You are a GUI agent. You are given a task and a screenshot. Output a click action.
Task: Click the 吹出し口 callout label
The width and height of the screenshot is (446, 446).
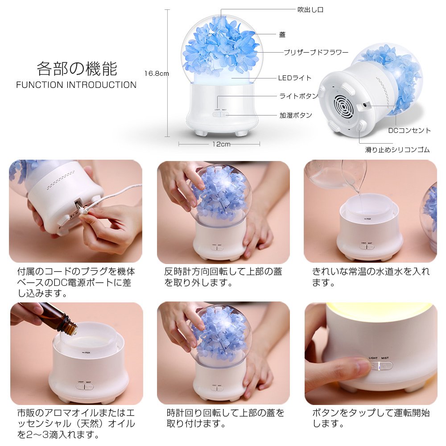coord(310,10)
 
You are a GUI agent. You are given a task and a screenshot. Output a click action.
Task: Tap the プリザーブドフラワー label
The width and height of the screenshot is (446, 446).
coord(316,52)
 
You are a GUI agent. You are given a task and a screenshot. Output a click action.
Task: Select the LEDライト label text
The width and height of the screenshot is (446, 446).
coord(295,78)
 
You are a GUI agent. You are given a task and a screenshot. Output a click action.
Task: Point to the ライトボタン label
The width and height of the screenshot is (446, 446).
coord(298,96)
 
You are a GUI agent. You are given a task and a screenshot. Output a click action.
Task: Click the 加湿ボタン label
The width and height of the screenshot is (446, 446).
coord(296,115)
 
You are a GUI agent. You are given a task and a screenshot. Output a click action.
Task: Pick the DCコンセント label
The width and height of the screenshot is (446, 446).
coord(409,131)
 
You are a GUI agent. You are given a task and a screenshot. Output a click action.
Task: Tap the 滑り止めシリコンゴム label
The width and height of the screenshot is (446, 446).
coord(397,149)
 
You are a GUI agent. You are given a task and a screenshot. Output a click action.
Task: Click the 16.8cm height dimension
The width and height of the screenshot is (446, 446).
coord(157,74)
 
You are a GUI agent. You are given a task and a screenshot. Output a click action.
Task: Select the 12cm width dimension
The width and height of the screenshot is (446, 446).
coord(221,144)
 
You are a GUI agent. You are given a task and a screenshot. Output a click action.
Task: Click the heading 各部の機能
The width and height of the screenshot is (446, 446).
coord(77,69)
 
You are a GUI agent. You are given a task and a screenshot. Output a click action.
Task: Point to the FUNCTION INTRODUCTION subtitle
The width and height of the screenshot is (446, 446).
coord(76,85)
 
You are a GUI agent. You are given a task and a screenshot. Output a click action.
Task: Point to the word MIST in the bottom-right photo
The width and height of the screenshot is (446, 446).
coord(385,358)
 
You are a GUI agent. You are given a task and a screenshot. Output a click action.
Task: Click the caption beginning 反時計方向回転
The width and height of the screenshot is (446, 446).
coord(223,277)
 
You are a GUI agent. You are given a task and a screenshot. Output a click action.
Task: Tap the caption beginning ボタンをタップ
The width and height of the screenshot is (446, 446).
coord(371,418)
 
